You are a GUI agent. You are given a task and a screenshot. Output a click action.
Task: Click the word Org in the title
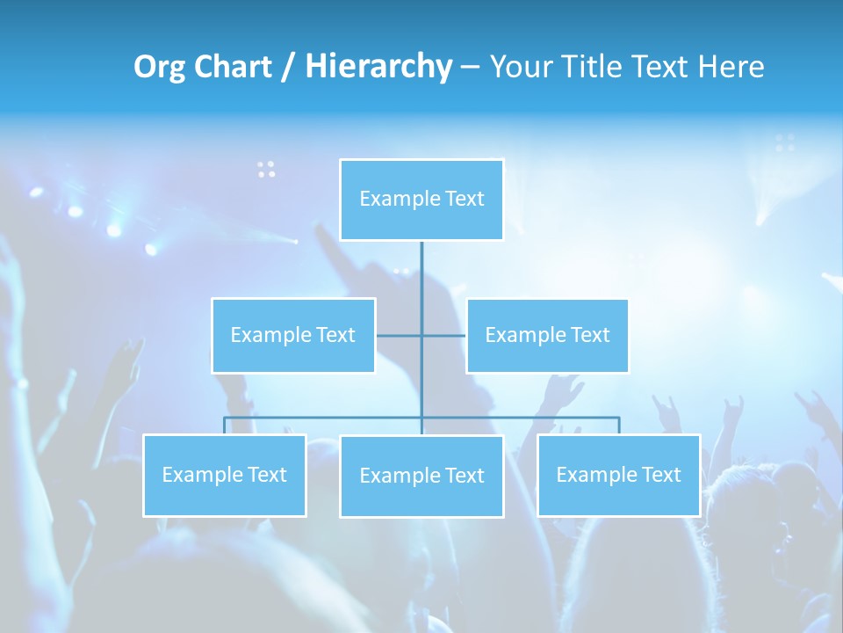pyautogui.click(x=161, y=67)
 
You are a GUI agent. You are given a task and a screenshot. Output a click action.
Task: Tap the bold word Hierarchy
pyautogui.click(x=378, y=67)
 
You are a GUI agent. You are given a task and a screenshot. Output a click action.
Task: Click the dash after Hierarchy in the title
pyautogui.click(x=470, y=67)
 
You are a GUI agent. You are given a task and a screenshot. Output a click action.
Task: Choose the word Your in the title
pyautogui.click(x=519, y=67)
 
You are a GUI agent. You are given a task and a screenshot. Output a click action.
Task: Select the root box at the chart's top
pyautogui.click(x=421, y=200)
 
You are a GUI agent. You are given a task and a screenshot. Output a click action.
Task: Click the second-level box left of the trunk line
pyautogui.click(x=293, y=335)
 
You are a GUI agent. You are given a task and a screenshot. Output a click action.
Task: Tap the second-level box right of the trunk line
pyautogui.click(x=547, y=335)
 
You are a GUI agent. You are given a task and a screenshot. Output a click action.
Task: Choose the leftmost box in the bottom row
pyautogui.click(x=224, y=475)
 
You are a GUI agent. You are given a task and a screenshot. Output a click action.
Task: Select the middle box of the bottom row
pyautogui.click(x=421, y=476)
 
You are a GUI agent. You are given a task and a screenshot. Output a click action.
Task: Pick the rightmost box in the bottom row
pyautogui.click(x=618, y=475)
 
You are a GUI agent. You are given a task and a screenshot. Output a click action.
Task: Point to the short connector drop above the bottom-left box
pyautogui.click(x=224, y=426)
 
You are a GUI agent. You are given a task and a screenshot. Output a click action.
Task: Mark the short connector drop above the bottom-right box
pyautogui.click(x=618, y=426)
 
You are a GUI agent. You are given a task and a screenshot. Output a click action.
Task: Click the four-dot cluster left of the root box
pyautogui.click(x=266, y=169)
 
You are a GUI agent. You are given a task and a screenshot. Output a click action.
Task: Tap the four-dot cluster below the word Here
pyautogui.click(x=785, y=142)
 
